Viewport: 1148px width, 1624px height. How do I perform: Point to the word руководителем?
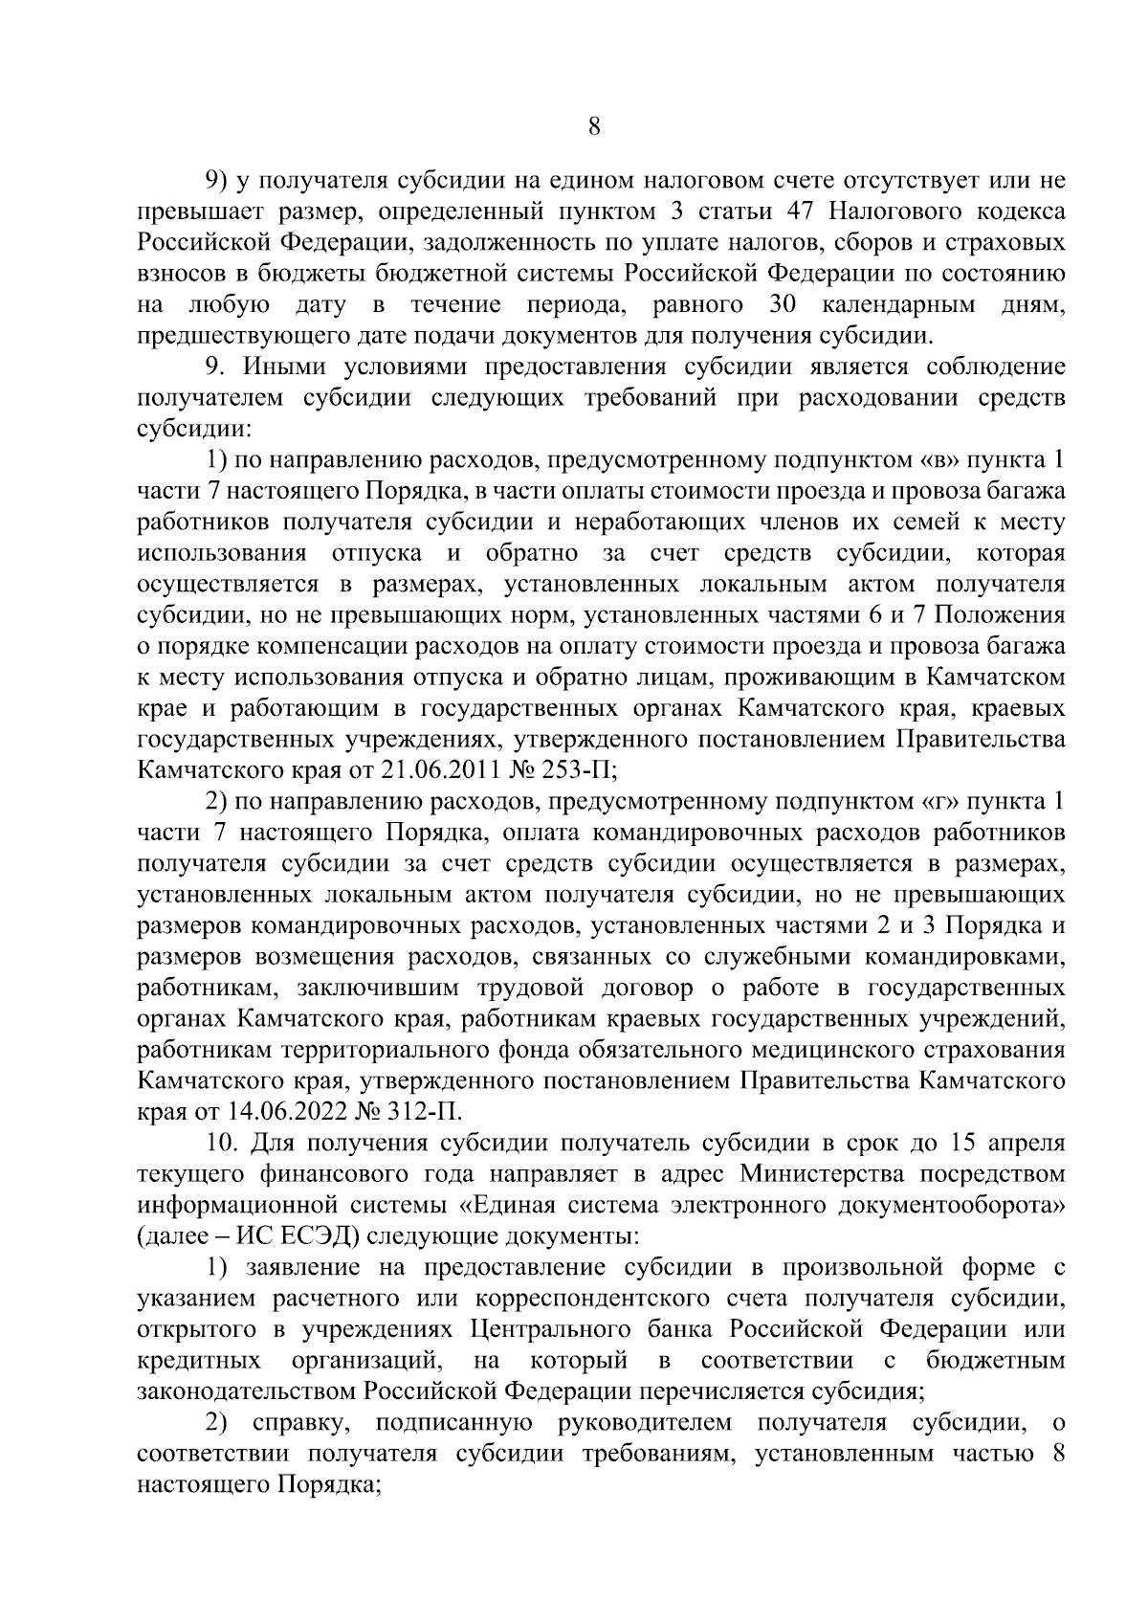644,1423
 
